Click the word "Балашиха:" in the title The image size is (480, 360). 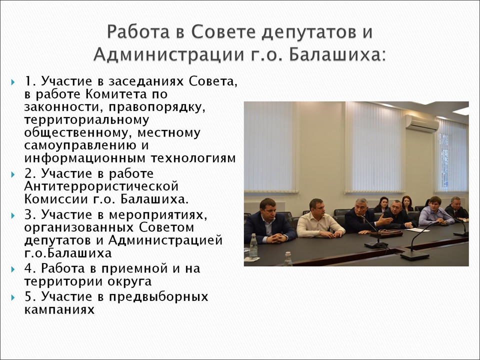pyautogui.click(x=336, y=54)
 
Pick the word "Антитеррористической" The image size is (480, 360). pyautogui.click(x=101, y=186)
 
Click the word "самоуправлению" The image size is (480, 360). pyautogui.click(x=80, y=145)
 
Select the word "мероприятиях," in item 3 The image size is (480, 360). pyautogui.click(x=158, y=215)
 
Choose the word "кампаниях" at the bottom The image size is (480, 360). pyautogui.click(x=59, y=310)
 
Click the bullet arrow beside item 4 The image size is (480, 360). pyautogui.click(x=13, y=269)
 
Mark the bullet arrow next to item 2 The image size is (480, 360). pyautogui.click(x=13, y=174)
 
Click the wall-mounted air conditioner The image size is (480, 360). pyautogui.click(x=422, y=123)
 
